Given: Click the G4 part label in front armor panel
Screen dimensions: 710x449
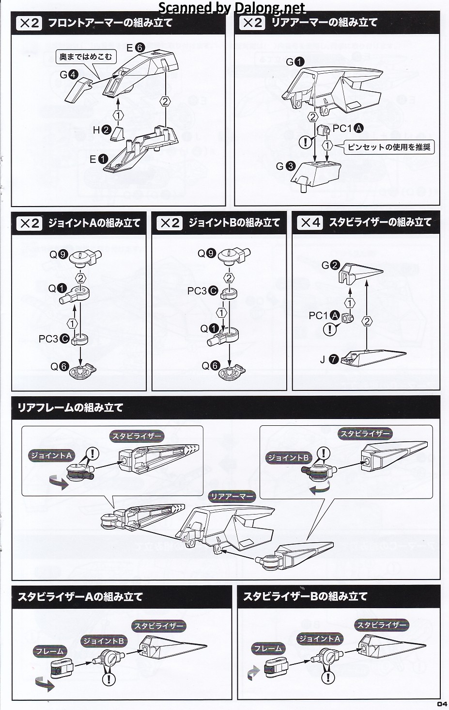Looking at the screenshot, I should tap(68, 75).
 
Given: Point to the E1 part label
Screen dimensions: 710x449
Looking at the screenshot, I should tap(97, 159).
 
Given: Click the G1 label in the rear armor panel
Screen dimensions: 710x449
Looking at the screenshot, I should tap(294, 62).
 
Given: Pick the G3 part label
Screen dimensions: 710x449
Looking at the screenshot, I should tap(285, 166).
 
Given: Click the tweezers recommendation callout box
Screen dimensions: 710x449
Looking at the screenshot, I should tap(389, 146).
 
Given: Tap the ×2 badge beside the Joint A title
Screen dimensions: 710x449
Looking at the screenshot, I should tap(30, 223).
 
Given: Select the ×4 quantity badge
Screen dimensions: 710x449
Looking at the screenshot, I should tap(310, 223).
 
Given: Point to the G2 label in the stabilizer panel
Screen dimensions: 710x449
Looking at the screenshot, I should tap(330, 265).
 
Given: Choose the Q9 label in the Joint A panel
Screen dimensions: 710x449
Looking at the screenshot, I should tap(59, 254).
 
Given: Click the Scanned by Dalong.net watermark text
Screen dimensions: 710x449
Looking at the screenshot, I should tap(232, 8).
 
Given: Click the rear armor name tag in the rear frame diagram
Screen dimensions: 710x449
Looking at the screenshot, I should tap(231, 497).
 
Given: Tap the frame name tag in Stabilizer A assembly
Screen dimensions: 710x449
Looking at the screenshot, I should tap(50, 651).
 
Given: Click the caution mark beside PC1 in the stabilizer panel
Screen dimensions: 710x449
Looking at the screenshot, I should tap(330, 330).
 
